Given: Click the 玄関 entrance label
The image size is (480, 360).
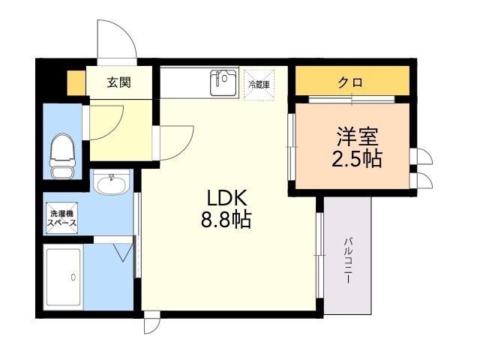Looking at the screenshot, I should pyautogui.click(x=118, y=82).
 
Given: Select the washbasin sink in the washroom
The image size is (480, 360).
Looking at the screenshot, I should pyautogui.click(x=113, y=182).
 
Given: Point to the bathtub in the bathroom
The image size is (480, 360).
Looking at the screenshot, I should pyautogui.click(x=64, y=277).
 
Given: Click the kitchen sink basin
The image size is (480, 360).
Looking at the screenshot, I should pyautogui.click(x=223, y=83).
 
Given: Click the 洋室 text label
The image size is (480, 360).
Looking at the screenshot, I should pyautogui.click(x=356, y=137).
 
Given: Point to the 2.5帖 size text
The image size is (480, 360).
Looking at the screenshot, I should pyautogui.click(x=356, y=160).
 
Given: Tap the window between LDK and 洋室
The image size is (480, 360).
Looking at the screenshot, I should pyautogui.click(x=291, y=147).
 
